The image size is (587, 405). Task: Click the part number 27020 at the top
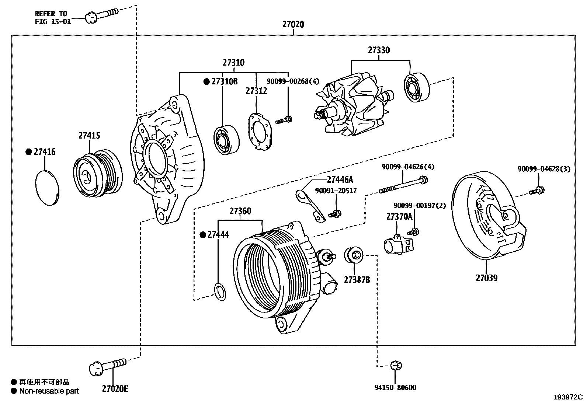[293, 24]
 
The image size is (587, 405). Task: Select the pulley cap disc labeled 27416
[48, 188]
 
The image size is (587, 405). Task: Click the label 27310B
[224, 81]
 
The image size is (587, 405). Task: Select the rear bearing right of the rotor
[417, 87]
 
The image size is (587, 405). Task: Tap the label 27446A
[340, 180]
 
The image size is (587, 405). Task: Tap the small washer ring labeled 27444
[220, 292]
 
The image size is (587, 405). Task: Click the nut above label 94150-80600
[396, 365]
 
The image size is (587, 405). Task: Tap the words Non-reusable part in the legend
[49, 391]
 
